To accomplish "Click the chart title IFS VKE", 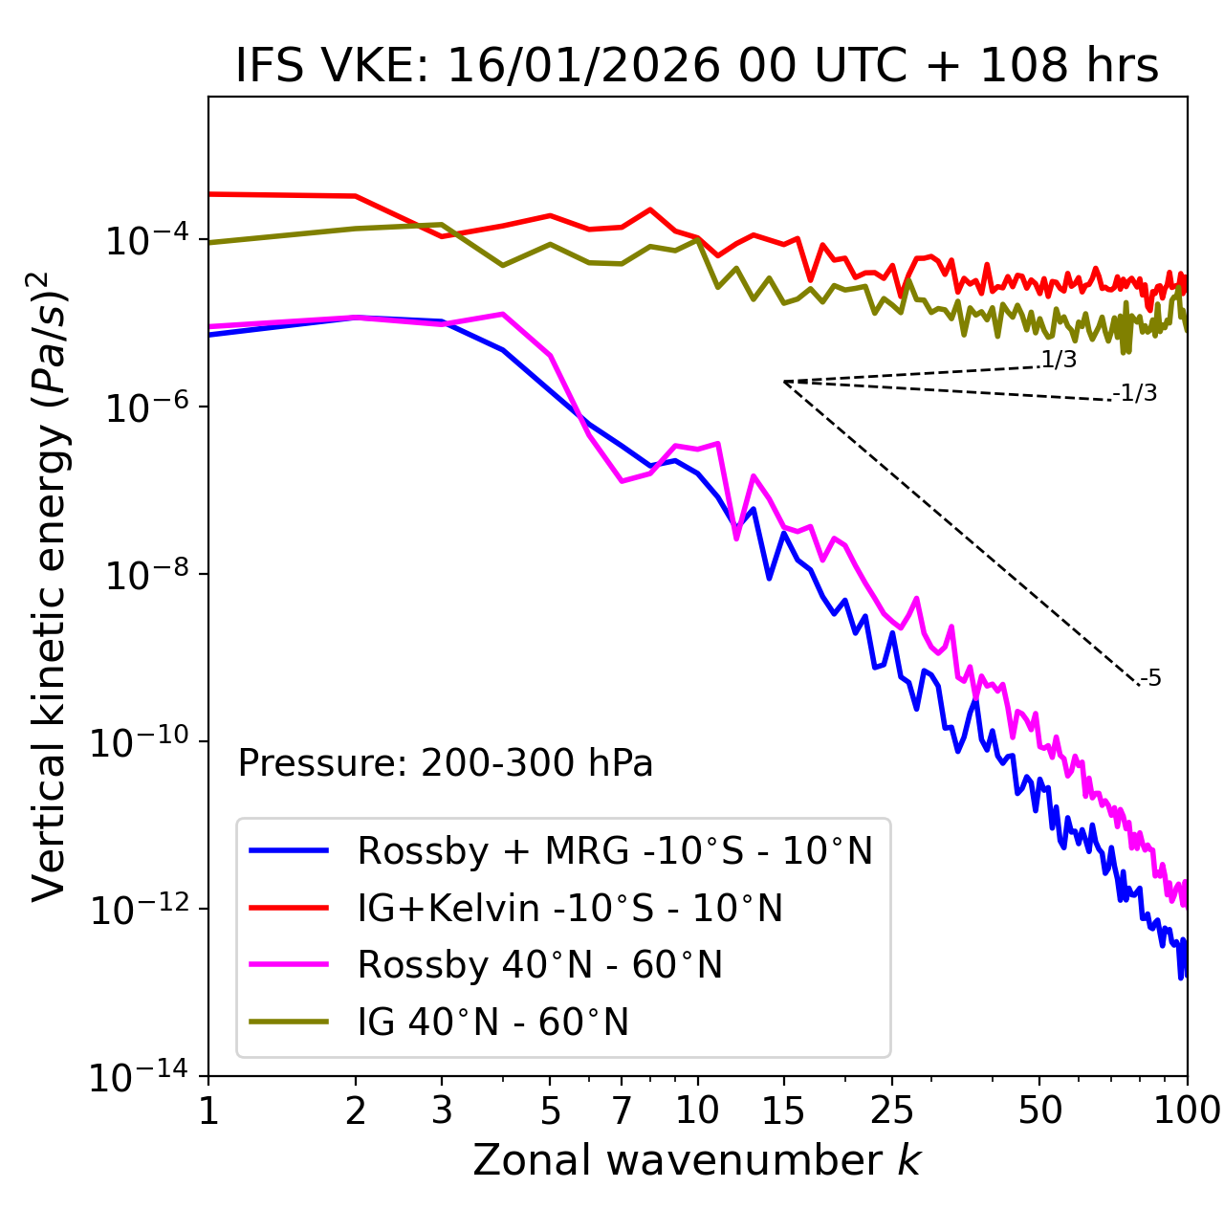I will click(x=697, y=65).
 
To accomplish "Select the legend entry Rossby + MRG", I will click(x=614, y=850).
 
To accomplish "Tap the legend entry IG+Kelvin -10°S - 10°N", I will click(x=570, y=908).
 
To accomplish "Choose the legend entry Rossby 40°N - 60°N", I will click(x=539, y=965).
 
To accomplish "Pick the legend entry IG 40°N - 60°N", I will click(x=492, y=1023).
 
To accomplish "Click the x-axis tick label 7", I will click(x=622, y=1111).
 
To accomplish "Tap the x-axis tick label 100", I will click(x=1187, y=1111).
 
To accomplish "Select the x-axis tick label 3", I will click(x=442, y=1111).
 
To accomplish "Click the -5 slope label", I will click(x=1151, y=678).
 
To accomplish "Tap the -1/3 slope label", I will click(x=1136, y=393).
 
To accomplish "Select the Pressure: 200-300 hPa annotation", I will click(x=445, y=763).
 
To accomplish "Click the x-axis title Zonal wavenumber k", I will click(x=697, y=1160).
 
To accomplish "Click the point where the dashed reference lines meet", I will click(x=783, y=382).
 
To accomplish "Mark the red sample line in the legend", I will click(x=289, y=908).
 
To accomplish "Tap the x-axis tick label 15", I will click(x=783, y=1111).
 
